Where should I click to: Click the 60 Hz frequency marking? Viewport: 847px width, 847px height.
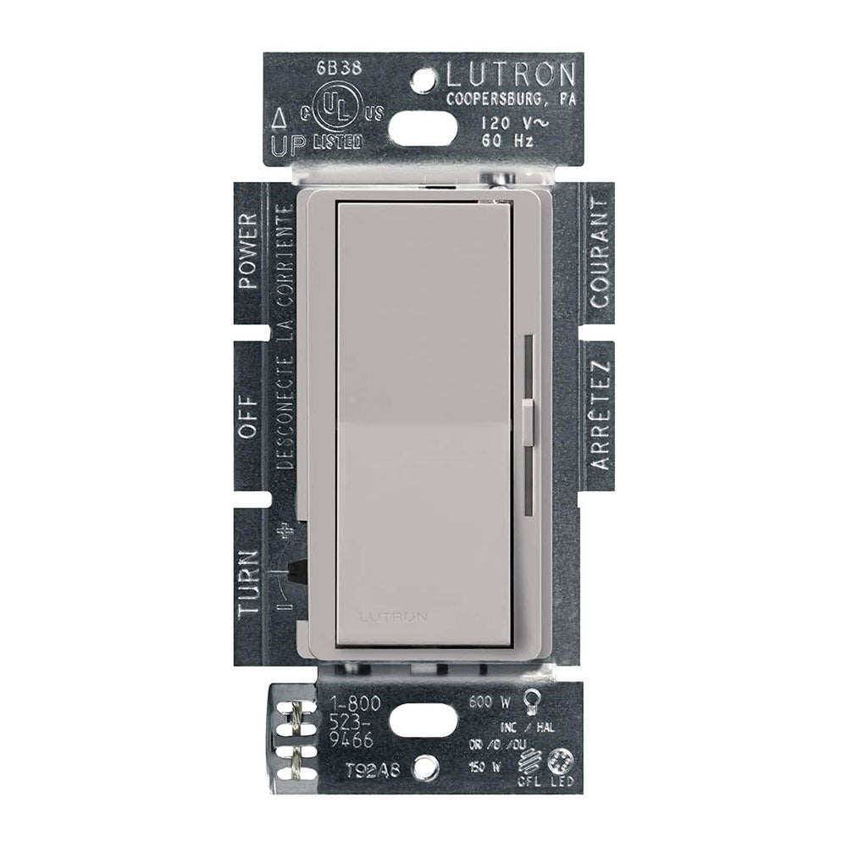506,141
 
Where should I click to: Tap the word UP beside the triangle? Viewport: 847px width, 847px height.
283,145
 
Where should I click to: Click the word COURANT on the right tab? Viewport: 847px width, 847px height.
600,254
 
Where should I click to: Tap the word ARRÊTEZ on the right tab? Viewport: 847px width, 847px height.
600,416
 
